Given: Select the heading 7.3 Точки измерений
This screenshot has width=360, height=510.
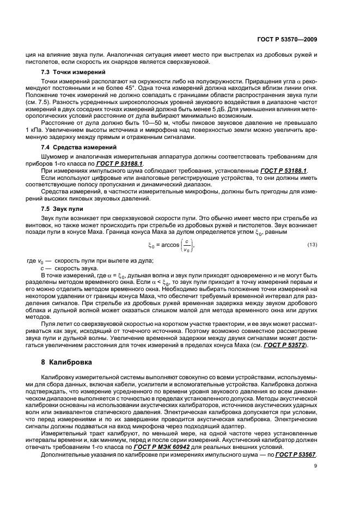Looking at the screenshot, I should tap(69, 72).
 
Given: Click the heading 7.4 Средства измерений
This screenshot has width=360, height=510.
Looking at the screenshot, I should tap(74, 148).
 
